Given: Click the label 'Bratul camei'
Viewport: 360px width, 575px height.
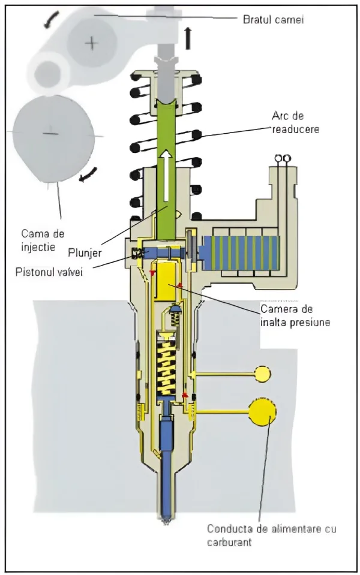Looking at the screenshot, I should (x=273, y=20).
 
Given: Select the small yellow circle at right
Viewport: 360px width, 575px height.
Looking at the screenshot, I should (x=262, y=374).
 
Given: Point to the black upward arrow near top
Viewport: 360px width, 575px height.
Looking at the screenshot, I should (x=188, y=38).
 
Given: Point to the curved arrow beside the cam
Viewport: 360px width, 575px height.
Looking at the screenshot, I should (x=88, y=174).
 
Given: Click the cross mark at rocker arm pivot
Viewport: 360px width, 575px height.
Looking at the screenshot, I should (x=92, y=43).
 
